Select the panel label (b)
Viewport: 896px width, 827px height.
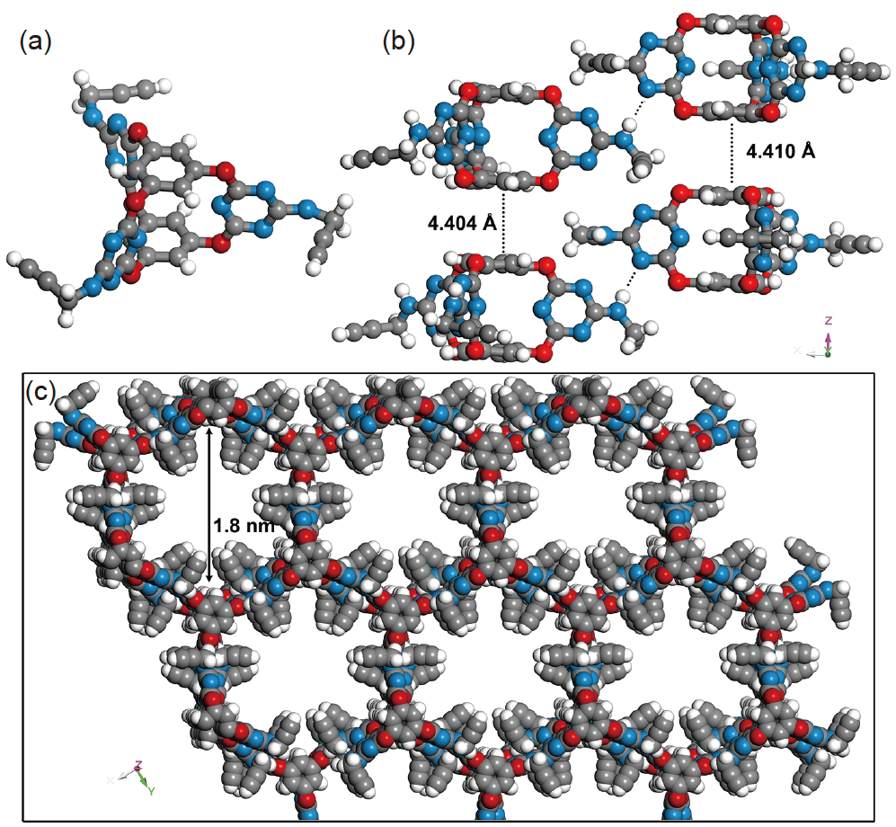pyautogui.click(x=399, y=42)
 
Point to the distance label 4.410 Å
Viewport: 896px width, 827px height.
pyautogui.click(x=781, y=151)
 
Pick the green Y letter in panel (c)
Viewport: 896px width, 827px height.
pyautogui.click(x=152, y=790)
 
